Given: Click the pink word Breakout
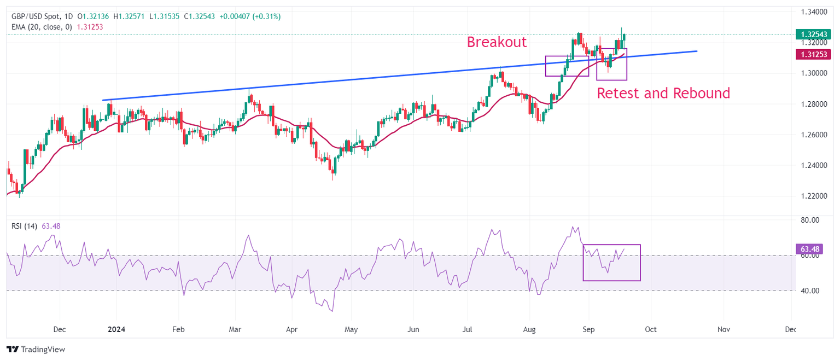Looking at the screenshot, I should coord(496,42).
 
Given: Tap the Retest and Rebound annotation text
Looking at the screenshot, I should coord(663,93).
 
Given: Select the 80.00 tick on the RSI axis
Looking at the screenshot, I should coord(810,220).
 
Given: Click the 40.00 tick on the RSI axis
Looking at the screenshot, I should coord(810,291).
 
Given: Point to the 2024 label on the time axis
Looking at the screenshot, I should coord(116,330).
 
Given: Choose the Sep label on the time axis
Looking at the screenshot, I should coord(588,330).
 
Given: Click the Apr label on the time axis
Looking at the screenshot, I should coord(291,330).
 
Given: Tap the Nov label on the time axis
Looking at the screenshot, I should coord(724,330).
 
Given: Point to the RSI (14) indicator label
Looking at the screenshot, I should coord(25,225).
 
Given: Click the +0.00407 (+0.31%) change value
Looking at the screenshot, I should coord(250,16).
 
